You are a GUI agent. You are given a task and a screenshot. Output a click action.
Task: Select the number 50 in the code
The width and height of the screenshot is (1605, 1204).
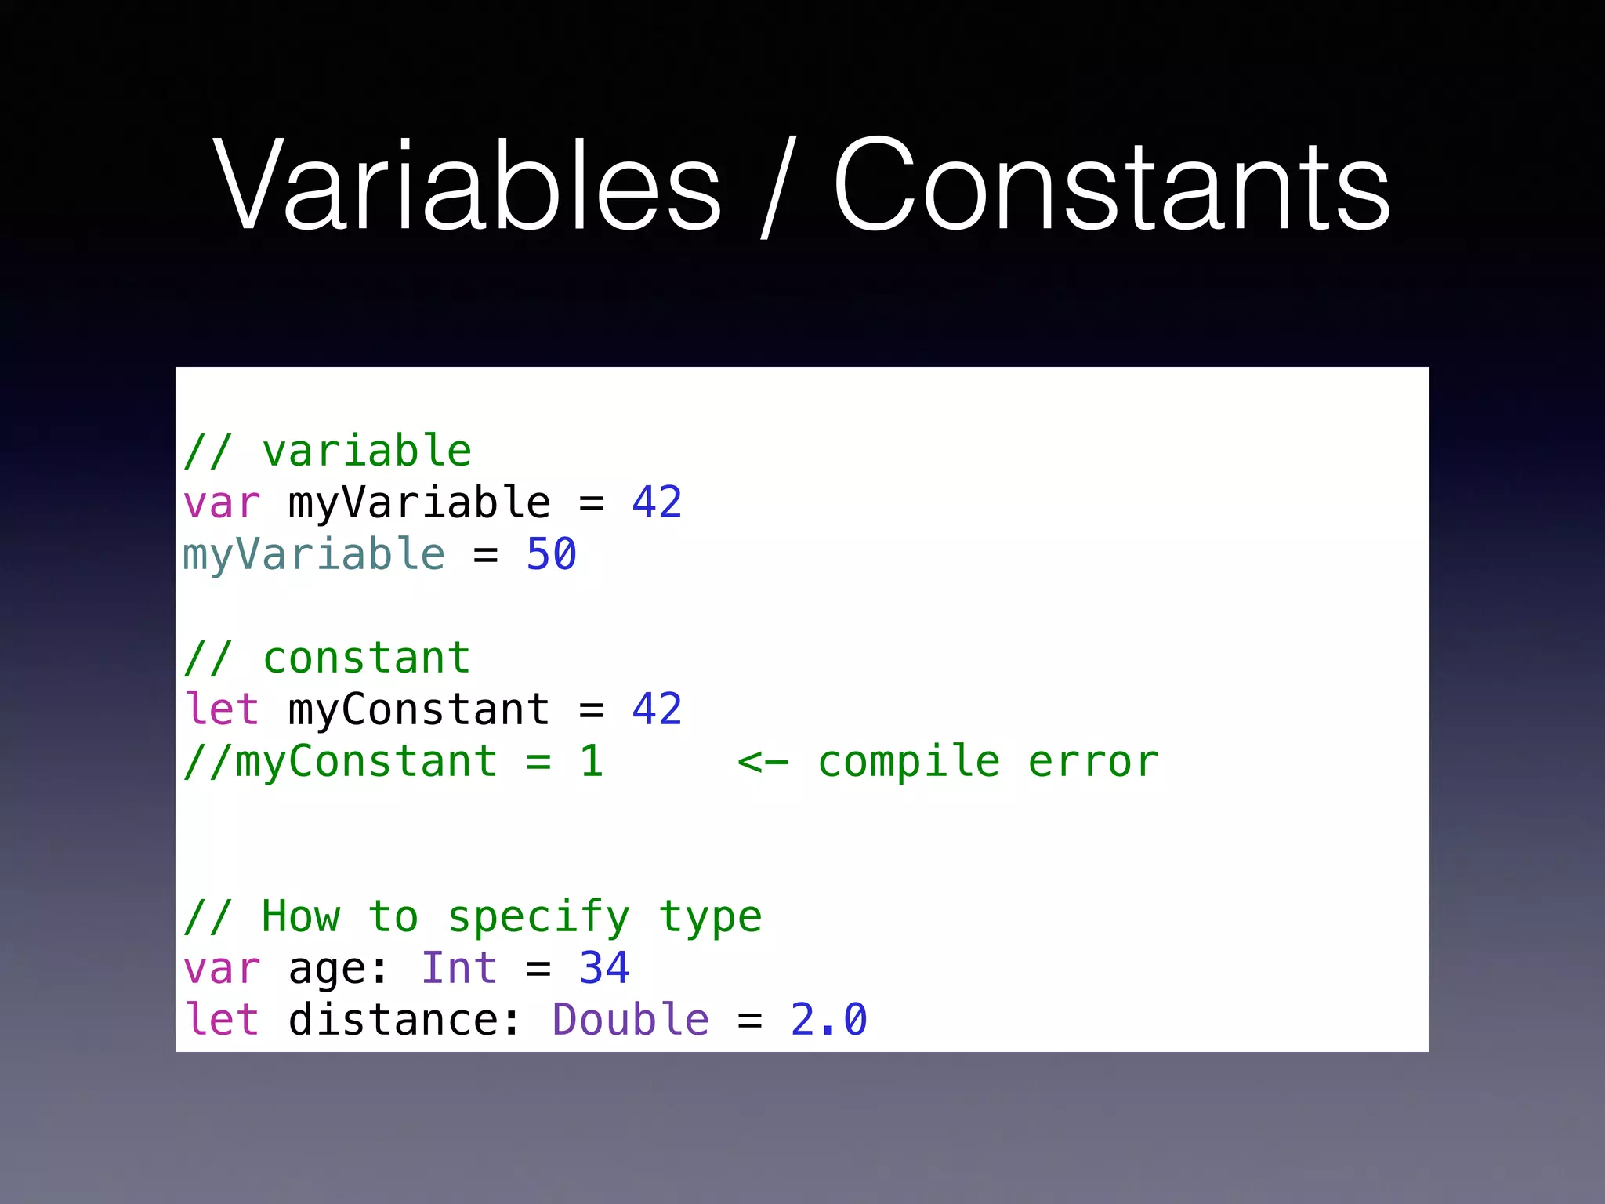(551, 555)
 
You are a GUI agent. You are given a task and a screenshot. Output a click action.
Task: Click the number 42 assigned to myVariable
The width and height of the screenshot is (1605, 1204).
(657, 502)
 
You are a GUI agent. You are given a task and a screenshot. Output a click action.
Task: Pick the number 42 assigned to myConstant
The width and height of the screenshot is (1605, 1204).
(657, 709)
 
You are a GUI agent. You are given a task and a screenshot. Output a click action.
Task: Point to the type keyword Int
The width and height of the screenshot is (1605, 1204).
(458, 968)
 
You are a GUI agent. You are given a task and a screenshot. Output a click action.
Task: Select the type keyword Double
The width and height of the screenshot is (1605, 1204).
(630, 1020)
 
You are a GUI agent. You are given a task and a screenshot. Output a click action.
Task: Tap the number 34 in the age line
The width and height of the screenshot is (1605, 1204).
(603, 968)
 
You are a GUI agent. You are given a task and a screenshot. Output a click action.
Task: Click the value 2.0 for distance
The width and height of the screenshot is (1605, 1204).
(828, 1020)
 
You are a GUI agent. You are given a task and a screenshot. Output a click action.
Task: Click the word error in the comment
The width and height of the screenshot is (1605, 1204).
(1093, 762)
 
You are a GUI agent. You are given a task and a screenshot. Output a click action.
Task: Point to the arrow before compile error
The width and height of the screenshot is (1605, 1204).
(763, 762)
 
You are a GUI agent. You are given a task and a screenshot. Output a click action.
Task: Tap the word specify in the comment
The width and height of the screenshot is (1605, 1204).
(538, 918)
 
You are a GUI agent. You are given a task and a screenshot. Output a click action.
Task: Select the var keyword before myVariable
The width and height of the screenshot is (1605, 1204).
(221, 503)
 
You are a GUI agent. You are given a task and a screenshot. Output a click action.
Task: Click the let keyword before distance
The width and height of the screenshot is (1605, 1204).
(221, 1020)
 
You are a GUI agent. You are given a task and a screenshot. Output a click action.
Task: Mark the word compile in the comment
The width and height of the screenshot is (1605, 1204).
(909, 762)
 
